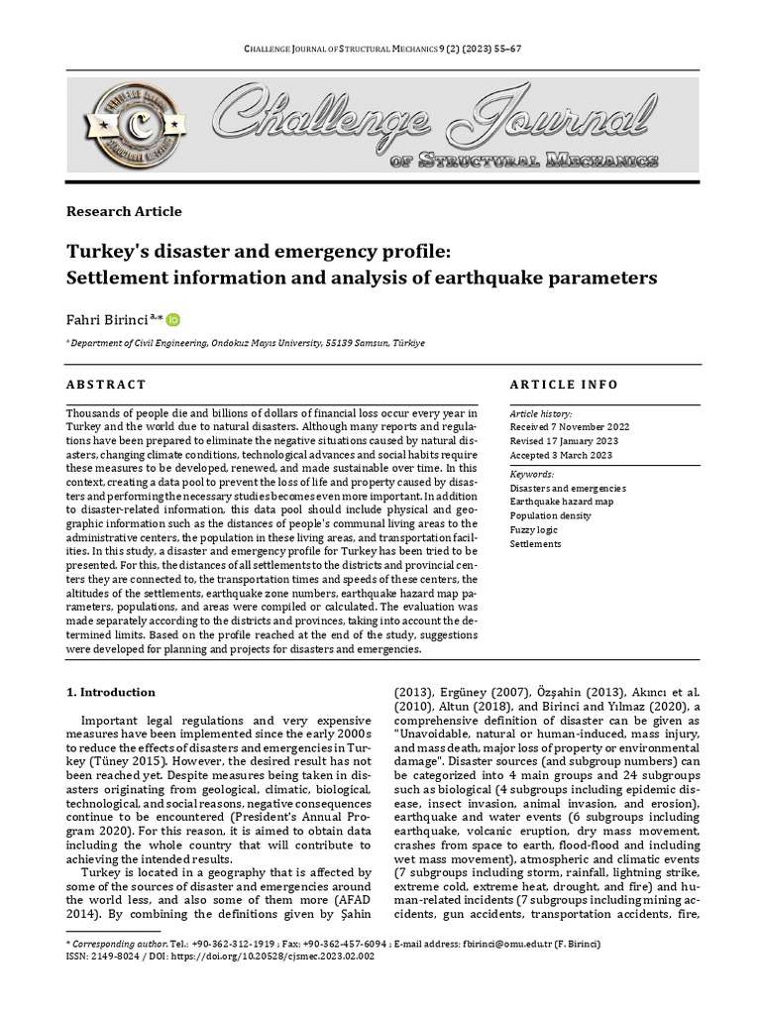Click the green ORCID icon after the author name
(173, 320)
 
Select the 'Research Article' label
(124, 211)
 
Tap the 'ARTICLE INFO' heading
(563, 385)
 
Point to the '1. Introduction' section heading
(110, 692)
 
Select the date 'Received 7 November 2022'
(569, 426)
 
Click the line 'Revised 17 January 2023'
(563, 441)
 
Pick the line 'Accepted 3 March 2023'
(560, 455)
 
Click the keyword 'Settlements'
(535, 544)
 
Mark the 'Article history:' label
(540, 412)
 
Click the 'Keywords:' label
(531, 475)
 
